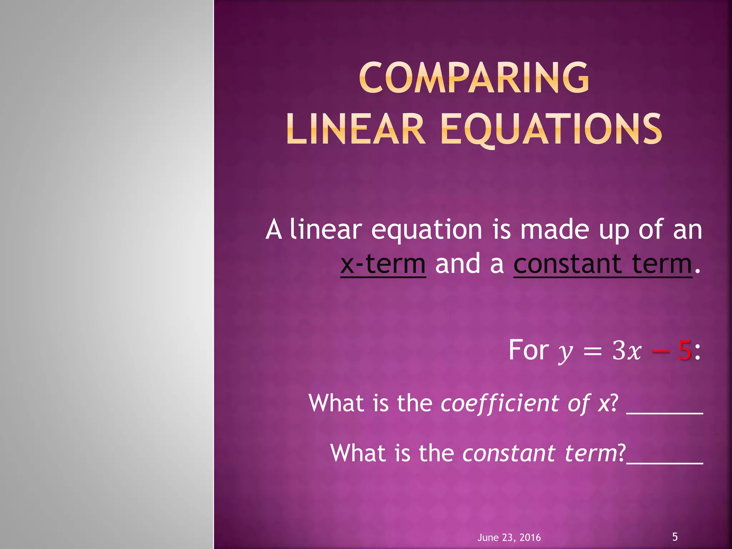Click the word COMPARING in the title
coord(474,78)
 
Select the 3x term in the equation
coord(627,351)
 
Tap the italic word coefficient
coord(500,403)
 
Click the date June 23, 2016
coord(509,537)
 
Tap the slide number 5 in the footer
coord(675,536)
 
